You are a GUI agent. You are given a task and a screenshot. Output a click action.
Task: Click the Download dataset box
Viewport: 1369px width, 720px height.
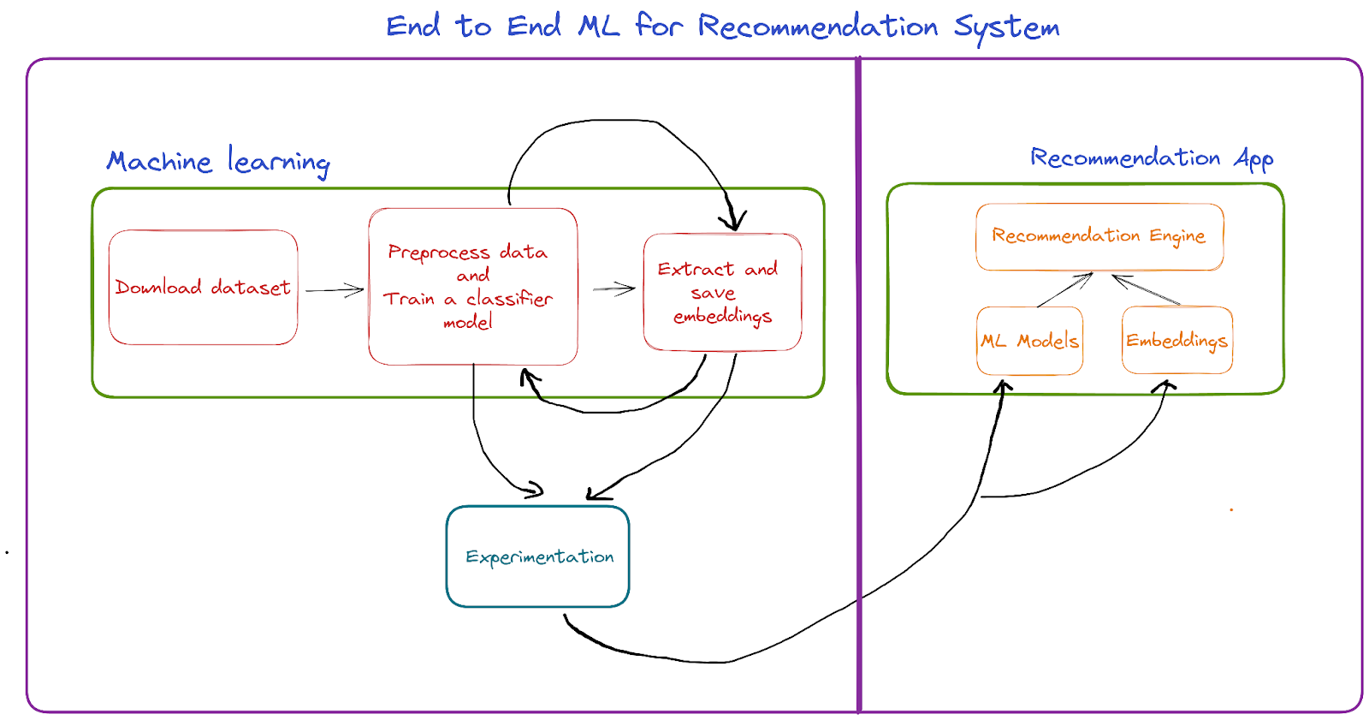click(x=203, y=288)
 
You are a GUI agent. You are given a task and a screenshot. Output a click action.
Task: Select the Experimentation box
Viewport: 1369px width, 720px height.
click(x=538, y=556)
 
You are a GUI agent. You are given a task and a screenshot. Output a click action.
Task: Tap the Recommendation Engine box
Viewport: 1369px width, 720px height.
click(x=1099, y=237)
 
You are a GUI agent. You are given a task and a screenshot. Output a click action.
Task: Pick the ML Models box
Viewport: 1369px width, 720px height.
click(x=1030, y=341)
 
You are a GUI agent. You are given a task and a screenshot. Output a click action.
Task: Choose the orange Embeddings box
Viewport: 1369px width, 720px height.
click(x=1177, y=340)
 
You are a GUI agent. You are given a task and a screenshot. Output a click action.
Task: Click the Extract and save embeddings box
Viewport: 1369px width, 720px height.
click(x=722, y=293)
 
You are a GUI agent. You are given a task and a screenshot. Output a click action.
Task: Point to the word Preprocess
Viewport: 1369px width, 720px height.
click(x=439, y=253)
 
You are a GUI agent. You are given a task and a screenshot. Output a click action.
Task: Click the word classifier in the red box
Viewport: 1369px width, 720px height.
click(x=509, y=299)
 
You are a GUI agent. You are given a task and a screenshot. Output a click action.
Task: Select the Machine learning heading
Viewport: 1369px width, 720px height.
click(x=218, y=162)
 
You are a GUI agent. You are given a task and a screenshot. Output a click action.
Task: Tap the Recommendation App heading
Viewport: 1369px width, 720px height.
click(x=1152, y=158)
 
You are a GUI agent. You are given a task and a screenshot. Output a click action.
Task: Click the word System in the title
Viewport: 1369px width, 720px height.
click(x=1006, y=28)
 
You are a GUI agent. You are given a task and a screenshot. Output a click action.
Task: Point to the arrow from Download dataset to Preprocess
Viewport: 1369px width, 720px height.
click(x=335, y=290)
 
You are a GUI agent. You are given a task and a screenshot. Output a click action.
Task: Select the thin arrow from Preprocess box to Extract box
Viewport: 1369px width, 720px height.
click(x=614, y=289)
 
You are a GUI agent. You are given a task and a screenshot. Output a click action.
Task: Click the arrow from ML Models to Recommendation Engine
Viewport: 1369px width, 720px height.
click(x=1064, y=290)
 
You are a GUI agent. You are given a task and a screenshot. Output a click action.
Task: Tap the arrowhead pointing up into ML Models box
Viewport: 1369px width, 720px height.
click(x=1004, y=387)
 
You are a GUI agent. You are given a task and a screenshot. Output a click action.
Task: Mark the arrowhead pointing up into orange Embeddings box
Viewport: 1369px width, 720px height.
click(x=1164, y=387)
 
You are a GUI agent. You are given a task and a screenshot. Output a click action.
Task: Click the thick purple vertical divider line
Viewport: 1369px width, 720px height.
click(x=859, y=385)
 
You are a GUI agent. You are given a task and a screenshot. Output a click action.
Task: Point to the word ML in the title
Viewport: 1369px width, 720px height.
click(x=599, y=27)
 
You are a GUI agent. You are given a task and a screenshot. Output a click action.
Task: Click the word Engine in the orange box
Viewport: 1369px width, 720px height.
click(x=1177, y=237)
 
